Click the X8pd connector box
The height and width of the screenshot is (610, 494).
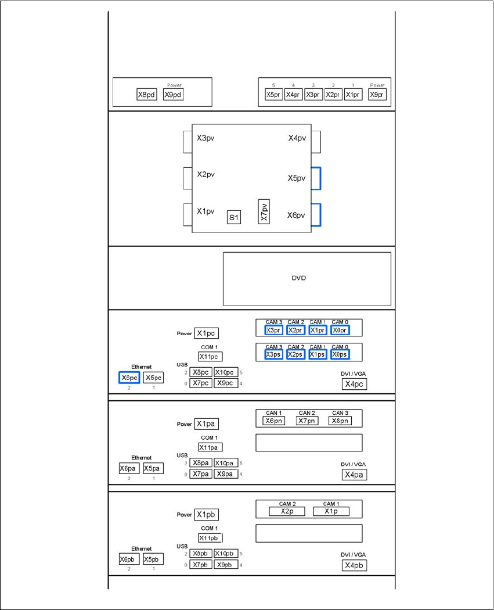click(x=146, y=95)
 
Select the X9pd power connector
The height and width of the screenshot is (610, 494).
click(x=173, y=95)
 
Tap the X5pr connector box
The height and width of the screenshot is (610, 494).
click(x=273, y=95)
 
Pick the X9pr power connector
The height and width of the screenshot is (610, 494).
click(x=377, y=95)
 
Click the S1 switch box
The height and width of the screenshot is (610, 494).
click(x=234, y=218)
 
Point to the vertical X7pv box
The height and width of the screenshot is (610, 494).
click(x=264, y=213)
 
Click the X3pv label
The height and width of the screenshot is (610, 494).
click(x=206, y=138)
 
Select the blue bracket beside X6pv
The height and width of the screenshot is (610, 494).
click(x=316, y=215)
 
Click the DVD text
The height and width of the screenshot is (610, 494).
click(x=298, y=278)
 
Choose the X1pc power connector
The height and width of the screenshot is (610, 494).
click(x=206, y=333)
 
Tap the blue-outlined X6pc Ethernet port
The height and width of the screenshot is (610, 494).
click(x=129, y=378)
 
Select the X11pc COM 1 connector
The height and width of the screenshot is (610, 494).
click(x=210, y=356)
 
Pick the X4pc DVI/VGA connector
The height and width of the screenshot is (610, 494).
click(x=354, y=384)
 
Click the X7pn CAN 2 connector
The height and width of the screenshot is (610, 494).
click(x=307, y=421)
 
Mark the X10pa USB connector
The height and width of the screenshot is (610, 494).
click(x=226, y=463)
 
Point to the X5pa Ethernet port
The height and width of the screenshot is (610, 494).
click(x=153, y=468)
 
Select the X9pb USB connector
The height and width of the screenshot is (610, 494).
click(x=226, y=565)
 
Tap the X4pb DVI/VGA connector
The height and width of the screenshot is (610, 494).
click(x=354, y=565)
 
